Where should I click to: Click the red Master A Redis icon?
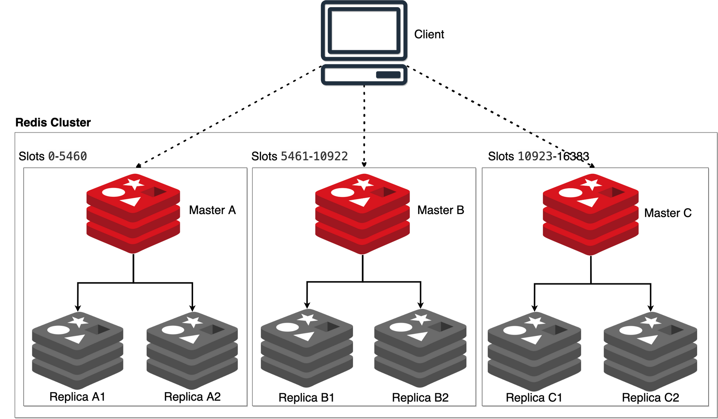click(x=133, y=213)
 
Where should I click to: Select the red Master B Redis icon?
click(x=362, y=214)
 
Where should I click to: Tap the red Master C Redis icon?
click(x=591, y=214)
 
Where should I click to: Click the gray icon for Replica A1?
click(x=78, y=350)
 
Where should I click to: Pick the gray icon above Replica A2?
click(x=192, y=350)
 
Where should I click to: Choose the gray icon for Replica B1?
click(x=307, y=348)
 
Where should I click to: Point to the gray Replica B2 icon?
click(x=420, y=348)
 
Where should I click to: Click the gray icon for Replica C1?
click(x=534, y=351)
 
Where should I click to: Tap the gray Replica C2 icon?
click(x=650, y=351)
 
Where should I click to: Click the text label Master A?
click(x=212, y=210)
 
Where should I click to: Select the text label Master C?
click(x=668, y=213)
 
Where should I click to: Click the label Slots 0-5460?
click(x=53, y=156)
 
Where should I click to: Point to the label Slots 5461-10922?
click(x=299, y=156)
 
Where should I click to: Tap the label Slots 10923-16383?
click(x=538, y=156)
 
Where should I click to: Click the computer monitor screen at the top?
click(x=364, y=31)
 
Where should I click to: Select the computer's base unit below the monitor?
click(x=364, y=75)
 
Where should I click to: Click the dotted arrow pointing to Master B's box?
click(x=364, y=151)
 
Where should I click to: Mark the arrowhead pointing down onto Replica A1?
click(x=78, y=308)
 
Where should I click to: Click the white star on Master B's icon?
click(x=363, y=184)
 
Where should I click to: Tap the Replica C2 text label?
click(x=650, y=397)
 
